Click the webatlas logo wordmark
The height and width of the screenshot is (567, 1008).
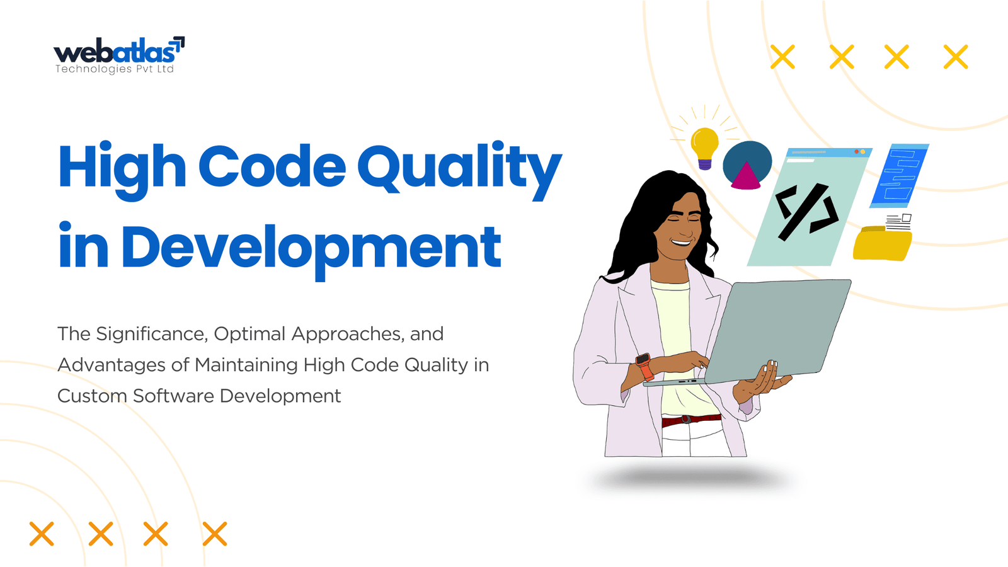pyautogui.click(x=114, y=52)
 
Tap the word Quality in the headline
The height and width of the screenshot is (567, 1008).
pyautogui.click(x=460, y=170)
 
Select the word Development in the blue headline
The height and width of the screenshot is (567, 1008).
pyautogui.click(x=311, y=249)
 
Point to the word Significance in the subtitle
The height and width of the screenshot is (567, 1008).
pyautogui.click(x=152, y=335)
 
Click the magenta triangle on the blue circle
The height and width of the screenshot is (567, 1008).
pyautogui.click(x=746, y=176)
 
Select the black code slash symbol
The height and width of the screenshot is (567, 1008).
pyautogui.click(x=806, y=212)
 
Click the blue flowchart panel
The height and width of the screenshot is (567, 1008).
pyautogui.click(x=899, y=176)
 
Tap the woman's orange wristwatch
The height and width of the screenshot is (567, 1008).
pyautogui.click(x=644, y=366)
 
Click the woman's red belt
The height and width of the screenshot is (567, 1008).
pyautogui.click(x=691, y=420)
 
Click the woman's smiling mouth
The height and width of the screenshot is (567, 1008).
pyautogui.click(x=682, y=243)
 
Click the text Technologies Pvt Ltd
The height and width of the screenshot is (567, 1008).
pyautogui.click(x=114, y=69)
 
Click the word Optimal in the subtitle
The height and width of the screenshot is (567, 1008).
pyautogui.click(x=249, y=335)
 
